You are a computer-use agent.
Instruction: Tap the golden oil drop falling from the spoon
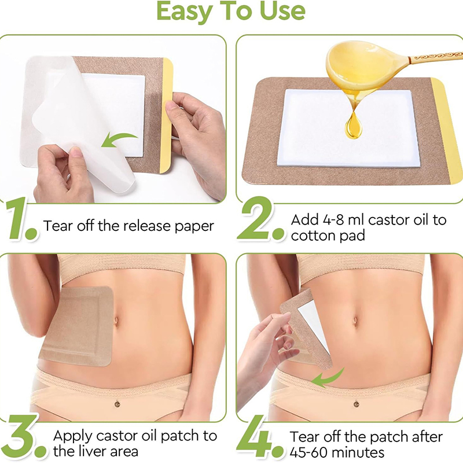(x=353, y=126)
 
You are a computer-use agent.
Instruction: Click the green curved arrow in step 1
(x=119, y=139)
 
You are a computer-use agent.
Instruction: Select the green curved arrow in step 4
(x=328, y=379)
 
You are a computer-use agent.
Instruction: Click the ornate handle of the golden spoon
(x=436, y=57)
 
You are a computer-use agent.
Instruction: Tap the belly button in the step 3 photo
(x=116, y=321)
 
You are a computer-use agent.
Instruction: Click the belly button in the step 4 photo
(x=355, y=321)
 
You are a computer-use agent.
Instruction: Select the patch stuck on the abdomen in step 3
(x=77, y=326)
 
